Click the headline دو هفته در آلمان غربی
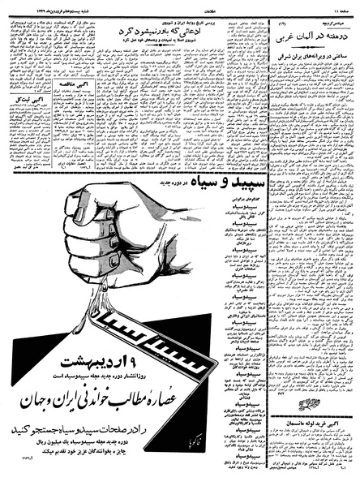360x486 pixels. coord(310,38)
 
